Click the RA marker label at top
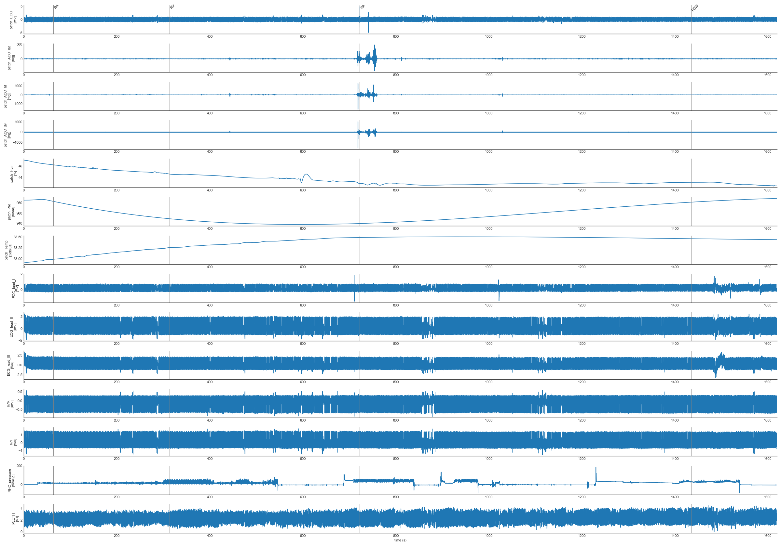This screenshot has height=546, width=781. (56, 6)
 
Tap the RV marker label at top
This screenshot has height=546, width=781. (172, 6)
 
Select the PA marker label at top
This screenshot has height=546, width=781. (363, 6)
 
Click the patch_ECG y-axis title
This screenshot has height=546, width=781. (13, 20)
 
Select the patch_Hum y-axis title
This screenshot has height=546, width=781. (13, 173)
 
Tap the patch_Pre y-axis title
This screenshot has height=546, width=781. (11, 212)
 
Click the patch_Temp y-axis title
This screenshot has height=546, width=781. (8, 250)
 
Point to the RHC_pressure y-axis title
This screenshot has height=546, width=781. (11, 480)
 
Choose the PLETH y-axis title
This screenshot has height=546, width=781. (15, 519)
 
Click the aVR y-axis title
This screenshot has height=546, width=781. (10, 404)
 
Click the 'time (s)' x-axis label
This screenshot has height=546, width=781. (400, 540)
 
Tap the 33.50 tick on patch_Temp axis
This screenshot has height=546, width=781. (18, 237)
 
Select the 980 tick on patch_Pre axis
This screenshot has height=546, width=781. (20, 203)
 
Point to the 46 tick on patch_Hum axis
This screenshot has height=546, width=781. (21, 166)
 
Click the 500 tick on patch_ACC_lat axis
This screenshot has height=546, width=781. (20, 44)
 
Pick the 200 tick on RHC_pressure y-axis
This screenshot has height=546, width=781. (20, 466)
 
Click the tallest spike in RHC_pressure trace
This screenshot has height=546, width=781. (596, 468)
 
